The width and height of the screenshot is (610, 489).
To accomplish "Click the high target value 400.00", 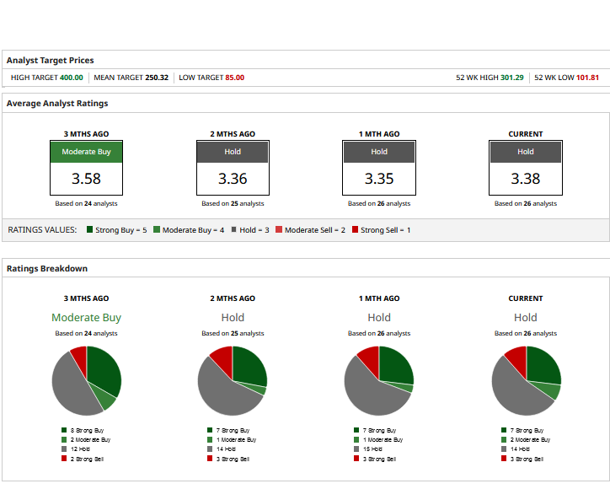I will coord(71,78).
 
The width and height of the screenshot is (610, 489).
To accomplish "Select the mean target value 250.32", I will coord(157,78).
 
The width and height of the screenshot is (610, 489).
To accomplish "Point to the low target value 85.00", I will coord(234,78).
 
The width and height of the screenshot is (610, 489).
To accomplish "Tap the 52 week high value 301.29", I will coord(511,78).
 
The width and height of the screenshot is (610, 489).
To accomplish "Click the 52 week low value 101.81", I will coord(587,78).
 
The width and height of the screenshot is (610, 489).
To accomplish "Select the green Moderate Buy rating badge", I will coord(86,152).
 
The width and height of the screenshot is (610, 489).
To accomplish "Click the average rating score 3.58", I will coord(86,179).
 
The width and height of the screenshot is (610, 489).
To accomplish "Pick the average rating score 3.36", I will coord(233,179).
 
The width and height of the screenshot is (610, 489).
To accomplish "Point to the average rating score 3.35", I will coord(379,179).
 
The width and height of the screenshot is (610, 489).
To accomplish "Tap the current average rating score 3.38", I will coord(526,179).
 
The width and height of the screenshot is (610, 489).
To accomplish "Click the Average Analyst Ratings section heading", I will coord(57,104).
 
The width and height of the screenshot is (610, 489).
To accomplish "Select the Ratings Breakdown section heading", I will coord(47,268).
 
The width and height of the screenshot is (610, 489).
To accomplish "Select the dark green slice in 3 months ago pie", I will coord(103,371).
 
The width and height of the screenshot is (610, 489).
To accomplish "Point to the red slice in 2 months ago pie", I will coord(222,360).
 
